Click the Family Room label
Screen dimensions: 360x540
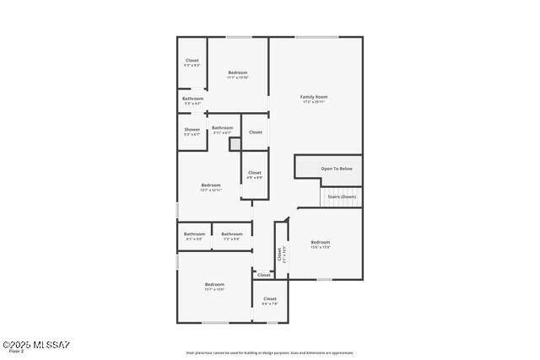(314, 97)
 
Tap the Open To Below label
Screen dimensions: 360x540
(336, 169)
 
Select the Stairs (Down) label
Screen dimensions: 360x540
(342, 196)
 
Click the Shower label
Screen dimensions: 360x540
(192, 130)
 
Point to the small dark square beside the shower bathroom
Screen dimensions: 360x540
(235, 143)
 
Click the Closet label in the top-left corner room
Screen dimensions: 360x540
(192, 61)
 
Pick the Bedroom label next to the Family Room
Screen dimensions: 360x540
(238, 73)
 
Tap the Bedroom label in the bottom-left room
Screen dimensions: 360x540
(214, 285)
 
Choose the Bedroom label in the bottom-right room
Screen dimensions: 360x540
(321, 243)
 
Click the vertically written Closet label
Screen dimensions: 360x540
(280, 254)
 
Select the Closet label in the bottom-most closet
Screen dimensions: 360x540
(270, 299)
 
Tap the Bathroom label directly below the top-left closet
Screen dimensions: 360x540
(192, 99)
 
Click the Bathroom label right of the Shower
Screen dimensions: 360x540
(223, 128)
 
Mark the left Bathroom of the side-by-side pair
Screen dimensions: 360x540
(195, 234)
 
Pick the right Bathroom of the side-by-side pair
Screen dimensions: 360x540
(232, 234)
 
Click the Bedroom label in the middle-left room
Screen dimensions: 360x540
(211, 185)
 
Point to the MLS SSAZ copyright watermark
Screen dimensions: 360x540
(36, 345)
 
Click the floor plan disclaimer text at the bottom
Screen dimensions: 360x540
(270, 353)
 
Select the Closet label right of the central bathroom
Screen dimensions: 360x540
(256, 132)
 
